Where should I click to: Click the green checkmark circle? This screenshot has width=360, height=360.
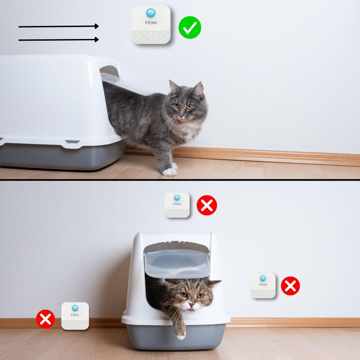(x=190, y=28)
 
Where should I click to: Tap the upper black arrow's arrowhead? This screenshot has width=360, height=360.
(x=97, y=26)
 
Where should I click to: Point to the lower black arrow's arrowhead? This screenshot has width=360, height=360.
(x=97, y=40)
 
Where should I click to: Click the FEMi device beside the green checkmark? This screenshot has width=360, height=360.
(x=151, y=24)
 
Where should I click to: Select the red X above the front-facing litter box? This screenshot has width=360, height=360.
(x=207, y=205)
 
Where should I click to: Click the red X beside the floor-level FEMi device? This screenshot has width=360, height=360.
(x=45, y=319)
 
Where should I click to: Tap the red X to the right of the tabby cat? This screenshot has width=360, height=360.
(x=290, y=286)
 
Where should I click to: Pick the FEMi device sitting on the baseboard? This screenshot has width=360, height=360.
(x=75, y=316)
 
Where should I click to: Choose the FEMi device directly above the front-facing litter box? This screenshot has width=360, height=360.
(x=177, y=205)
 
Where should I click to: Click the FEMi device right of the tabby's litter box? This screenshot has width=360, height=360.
(x=263, y=286)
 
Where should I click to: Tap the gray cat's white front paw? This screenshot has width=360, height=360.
(x=169, y=172)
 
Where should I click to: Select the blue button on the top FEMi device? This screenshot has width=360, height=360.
(x=151, y=13)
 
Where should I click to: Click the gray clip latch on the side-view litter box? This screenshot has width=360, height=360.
(x=72, y=141)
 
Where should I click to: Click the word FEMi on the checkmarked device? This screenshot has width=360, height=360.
(x=151, y=23)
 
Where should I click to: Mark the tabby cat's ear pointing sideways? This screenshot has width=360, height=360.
(x=214, y=283)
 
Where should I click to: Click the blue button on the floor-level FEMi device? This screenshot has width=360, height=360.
(x=75, y=308)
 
